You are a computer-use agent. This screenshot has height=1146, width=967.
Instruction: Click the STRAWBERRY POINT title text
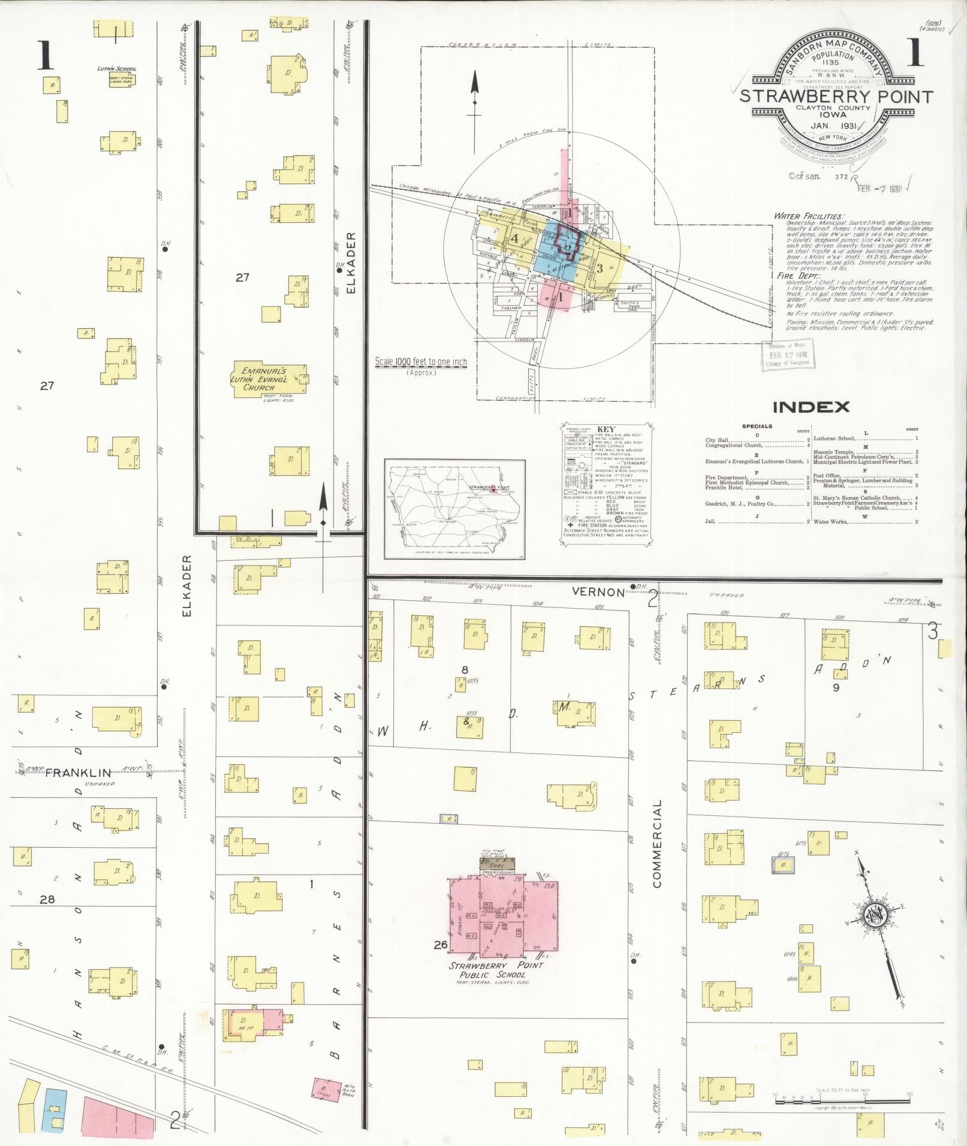836,96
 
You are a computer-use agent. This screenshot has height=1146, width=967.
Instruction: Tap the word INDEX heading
811,407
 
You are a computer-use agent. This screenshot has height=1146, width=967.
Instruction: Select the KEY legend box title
607,430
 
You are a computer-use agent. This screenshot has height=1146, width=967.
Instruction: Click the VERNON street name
598,592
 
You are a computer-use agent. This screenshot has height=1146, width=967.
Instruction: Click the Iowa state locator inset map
455,511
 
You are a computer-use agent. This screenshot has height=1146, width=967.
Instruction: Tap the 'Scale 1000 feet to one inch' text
420,362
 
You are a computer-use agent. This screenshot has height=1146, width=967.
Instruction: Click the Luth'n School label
117,69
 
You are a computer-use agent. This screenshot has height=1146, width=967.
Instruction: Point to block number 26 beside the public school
441,945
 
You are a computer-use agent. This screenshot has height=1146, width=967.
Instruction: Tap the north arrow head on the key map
475,81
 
